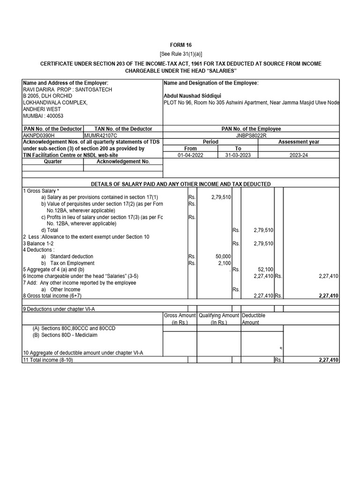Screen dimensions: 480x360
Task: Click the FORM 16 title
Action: pos(180,45)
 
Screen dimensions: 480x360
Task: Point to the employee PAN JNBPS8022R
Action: pos(251,135)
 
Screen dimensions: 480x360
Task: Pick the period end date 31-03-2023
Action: pos(238,155)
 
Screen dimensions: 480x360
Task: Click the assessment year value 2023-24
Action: pos(299,155)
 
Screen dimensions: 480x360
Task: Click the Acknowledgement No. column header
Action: pos(123,161)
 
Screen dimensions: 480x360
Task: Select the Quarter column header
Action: pos(52,161)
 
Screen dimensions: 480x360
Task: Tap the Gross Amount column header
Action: pos(180,319)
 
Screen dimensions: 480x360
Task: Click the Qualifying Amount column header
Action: pos(219,319)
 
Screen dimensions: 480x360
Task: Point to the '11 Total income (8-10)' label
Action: pos(48,360)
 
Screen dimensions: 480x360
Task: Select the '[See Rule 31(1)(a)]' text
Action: pos(180,54)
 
